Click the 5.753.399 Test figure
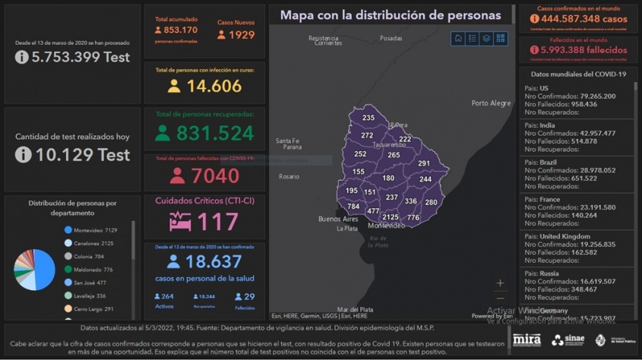pyautogui.click(x=72, y=57)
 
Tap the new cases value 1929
pyautogui.click(x=236, y=35)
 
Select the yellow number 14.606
pyautogui.click(x=214, y=86)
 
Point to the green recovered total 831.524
pyautogui.click(x=215, y=133)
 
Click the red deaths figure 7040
pyautogui.click(x=215, y=176)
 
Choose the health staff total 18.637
pyautogui.click(x=215, y=261)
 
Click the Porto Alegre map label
pyautogui.click(x=491, y=103)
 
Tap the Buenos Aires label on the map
pyautogui.click(x=338, y=219)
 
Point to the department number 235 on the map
pyautogui.click(x=368, y=118)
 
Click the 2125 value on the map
pyautogui.click(x=391, y=217)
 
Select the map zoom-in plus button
pyautogui.click(x=500, y=283)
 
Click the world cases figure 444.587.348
pyautogui.click(x=583, y=18)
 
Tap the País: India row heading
pyautogui.click(x=539, y=125)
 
